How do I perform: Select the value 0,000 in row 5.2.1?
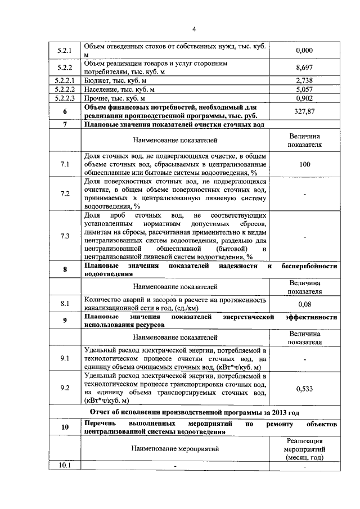[304, 51]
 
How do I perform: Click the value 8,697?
[304, 67]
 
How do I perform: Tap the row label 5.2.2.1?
[65, 80]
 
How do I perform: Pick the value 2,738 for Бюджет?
[304, 80]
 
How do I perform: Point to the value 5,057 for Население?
[304, 89]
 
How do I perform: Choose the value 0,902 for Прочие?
[304, 97]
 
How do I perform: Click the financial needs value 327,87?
[304, 111]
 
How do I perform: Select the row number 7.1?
[65, 164]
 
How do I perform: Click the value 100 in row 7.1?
[304, 164]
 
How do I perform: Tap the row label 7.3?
[65, 236]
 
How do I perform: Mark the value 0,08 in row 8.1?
[304, 304]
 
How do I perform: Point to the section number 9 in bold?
[65, 321]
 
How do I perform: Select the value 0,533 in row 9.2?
[304, 388]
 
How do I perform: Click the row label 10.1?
[65, 465]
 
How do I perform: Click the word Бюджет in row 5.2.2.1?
[97, 80]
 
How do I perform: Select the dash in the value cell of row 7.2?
[304, 194]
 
